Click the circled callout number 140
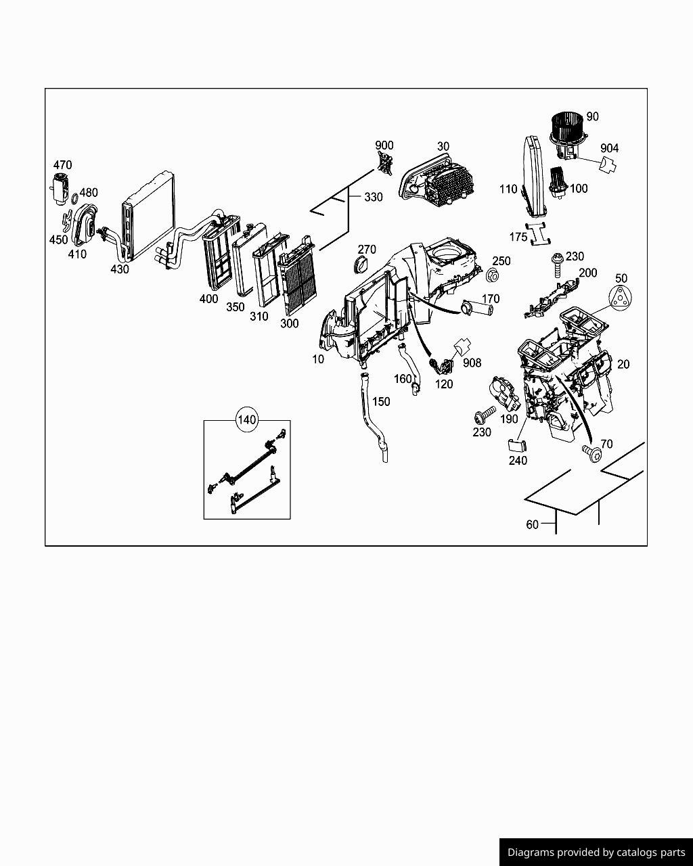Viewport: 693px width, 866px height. [x=247, y=420]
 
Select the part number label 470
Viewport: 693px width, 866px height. [x=62, y=165]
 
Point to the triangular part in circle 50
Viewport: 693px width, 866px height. [x=621, y=298]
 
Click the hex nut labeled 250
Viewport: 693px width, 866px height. [x=493, y=275]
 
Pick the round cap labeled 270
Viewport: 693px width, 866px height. [x=364, y=266]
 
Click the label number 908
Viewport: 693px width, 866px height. [x=472, y=363]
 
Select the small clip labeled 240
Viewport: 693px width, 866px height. [x=516, y=444]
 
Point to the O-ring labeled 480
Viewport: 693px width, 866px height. [x=72, y=200]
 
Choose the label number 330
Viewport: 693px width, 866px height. [x=373, y=197]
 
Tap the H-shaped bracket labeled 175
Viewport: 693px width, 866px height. [x=539, y=233]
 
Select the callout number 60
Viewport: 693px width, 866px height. [x=532, y=524]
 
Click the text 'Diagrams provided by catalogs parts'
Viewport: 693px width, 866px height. [x=596, y=852]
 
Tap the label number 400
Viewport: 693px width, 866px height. [x=209, y=299]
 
